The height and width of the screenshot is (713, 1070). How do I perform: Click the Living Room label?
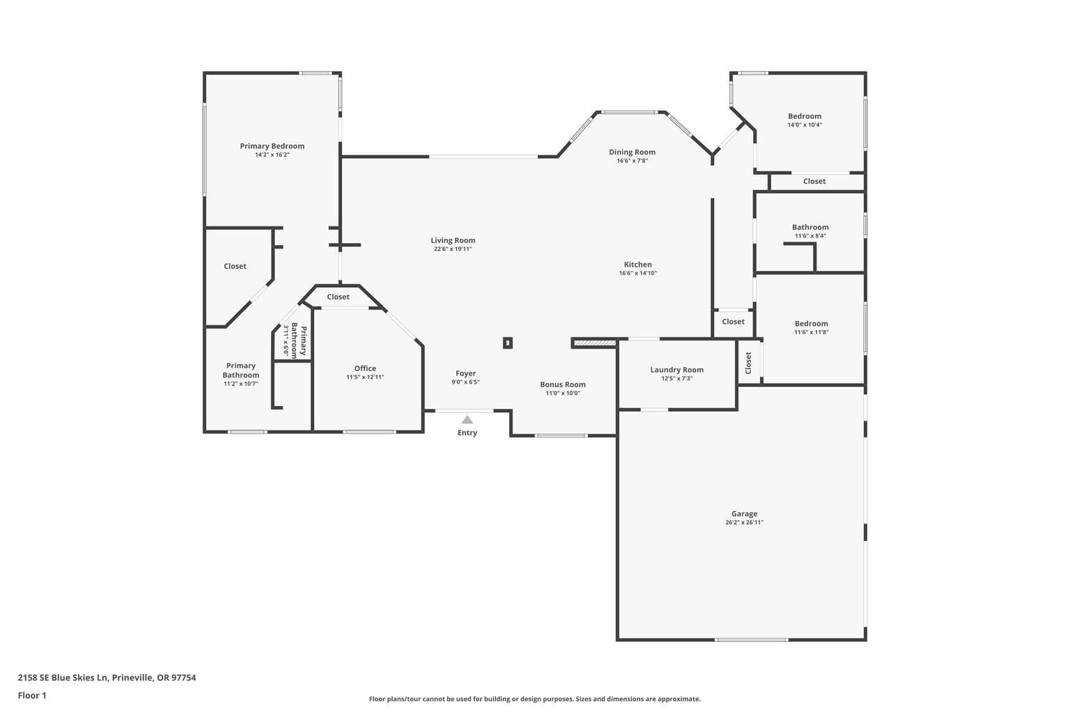click(453, 240)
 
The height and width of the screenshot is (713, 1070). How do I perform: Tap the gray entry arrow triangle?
click(467, 420)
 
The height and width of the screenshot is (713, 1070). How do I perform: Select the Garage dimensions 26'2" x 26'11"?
click(744, 522)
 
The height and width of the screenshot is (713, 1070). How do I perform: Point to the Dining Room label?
click(632, 152)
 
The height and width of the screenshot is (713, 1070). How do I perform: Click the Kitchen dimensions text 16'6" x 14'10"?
click(637, 273)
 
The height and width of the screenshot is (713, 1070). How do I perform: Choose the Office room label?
click(365, 368)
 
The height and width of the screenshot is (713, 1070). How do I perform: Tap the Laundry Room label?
click(677, 370)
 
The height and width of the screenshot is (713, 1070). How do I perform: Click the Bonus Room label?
click(563, 384)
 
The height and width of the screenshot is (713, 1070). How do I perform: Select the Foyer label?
click(466, 373)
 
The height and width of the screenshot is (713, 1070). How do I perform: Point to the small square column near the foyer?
click(508, 343)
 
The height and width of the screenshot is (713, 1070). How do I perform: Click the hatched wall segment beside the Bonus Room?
click(594, 343)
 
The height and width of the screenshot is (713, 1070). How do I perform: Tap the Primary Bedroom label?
click(272, 146)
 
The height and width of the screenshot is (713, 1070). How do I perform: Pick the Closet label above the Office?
click(338, 297)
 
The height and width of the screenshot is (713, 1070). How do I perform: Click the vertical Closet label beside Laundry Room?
click(749, 363)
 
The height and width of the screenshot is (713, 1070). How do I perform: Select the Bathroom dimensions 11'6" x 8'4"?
click(810, 236)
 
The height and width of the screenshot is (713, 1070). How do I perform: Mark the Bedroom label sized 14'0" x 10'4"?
click(805, 116)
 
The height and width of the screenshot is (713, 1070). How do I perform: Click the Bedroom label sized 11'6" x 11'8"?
click(811, 323)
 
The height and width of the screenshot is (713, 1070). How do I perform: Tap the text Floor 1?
click(32, 696)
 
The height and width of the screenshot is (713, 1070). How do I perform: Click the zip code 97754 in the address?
click(183, 677)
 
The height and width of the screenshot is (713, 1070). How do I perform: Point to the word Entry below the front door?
click(467, 432)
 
